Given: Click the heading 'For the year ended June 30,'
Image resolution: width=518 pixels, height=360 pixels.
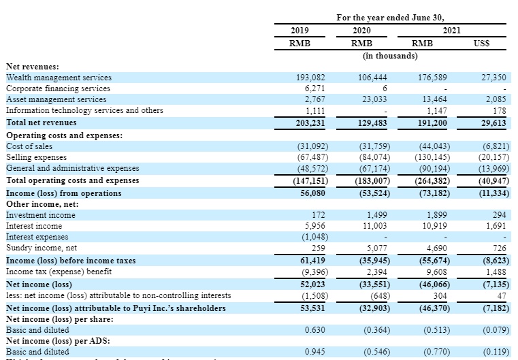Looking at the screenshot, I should [395, 17].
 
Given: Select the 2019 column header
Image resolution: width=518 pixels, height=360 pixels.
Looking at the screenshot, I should [300, 31].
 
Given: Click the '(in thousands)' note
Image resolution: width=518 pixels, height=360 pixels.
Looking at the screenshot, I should [389, 55].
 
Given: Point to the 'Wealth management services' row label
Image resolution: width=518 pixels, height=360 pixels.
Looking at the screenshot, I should [59, 78].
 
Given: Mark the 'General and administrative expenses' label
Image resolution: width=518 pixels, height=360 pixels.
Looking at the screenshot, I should [72, 168].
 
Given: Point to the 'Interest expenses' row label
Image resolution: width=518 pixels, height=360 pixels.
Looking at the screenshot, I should [37, 237].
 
